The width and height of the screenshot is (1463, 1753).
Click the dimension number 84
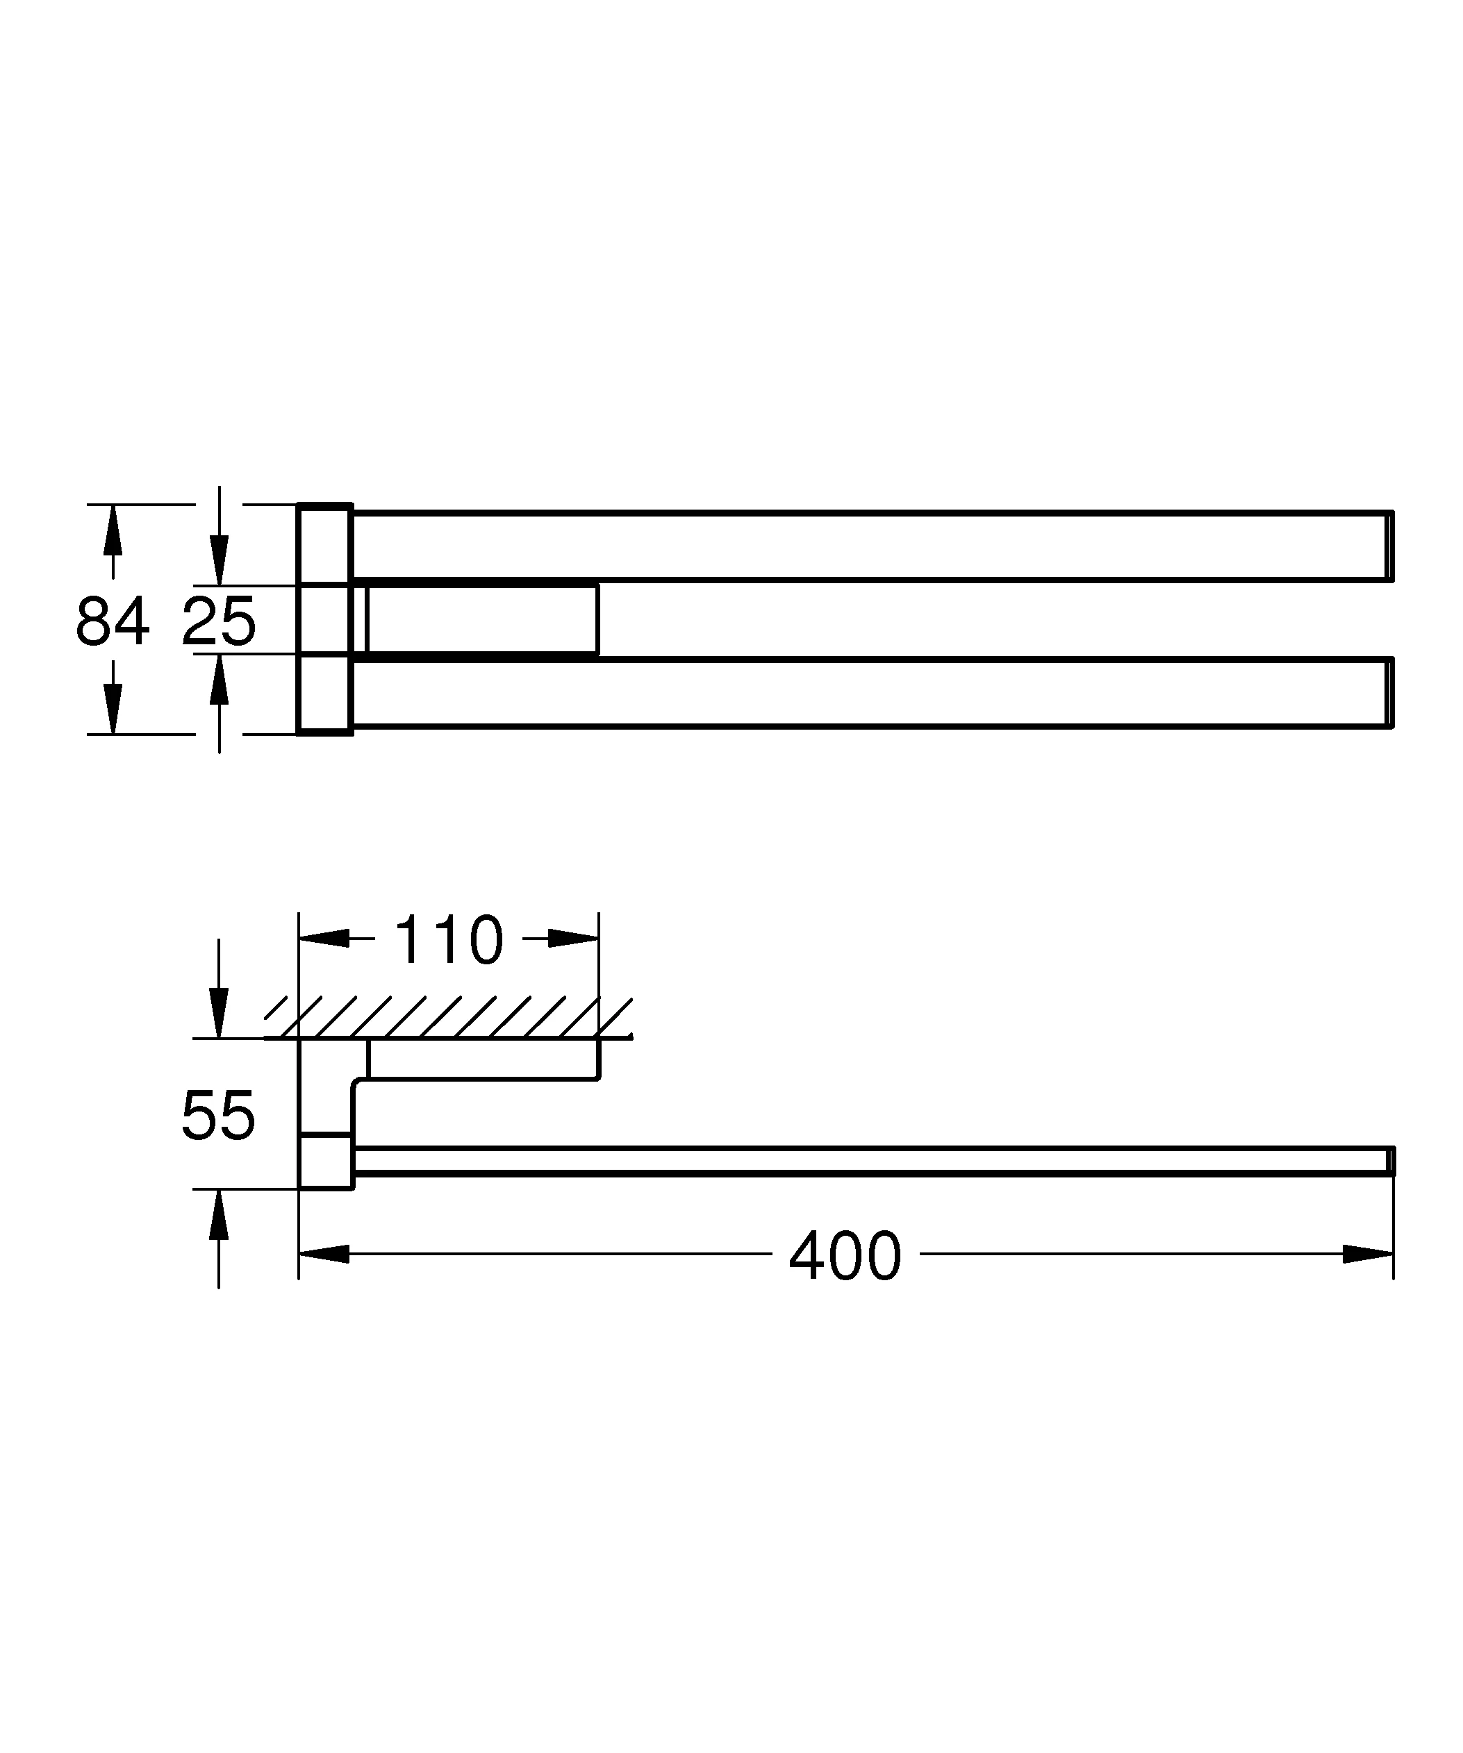[x=113, y=621]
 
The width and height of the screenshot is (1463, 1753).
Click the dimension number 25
[x=219, y=621]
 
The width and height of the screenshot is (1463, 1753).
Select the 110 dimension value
[x=449, y=940]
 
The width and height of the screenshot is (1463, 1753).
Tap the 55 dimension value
[x=218, y=1115]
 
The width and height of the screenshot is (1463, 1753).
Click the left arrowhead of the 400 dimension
[x=324, y=1254]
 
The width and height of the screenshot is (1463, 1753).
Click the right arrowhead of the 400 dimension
[x=1368, y=1254]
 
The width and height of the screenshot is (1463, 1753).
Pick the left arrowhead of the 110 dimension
[x=324, y=938]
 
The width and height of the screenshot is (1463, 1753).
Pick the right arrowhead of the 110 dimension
[x=574, y=938]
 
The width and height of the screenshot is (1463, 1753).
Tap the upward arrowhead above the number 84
[x=113, y=530]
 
